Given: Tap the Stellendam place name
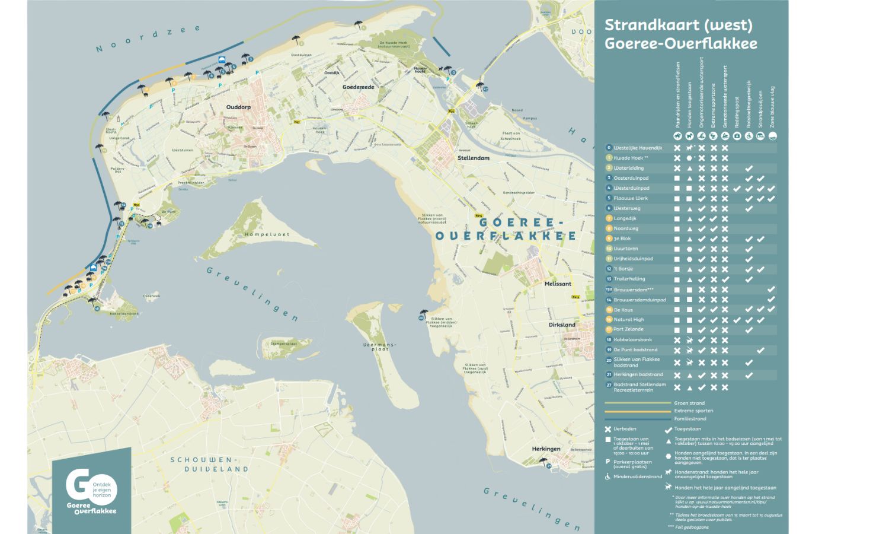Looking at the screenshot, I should (x=473, y=158).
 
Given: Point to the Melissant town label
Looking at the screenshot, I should (x=558, y=284).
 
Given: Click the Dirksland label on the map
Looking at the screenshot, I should (x=562, y=325).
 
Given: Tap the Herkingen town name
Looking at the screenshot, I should (x=546, y=449).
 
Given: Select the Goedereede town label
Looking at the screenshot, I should (x=359, y=87).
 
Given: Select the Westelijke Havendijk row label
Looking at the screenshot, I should (x=638, y=148).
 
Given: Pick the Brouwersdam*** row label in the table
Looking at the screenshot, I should (x=633, y=290).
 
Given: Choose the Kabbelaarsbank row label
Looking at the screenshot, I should (x=632, y=340).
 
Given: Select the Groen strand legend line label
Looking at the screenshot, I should (x=689, y=403).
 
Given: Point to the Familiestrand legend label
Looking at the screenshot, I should (x=690, y=418).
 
